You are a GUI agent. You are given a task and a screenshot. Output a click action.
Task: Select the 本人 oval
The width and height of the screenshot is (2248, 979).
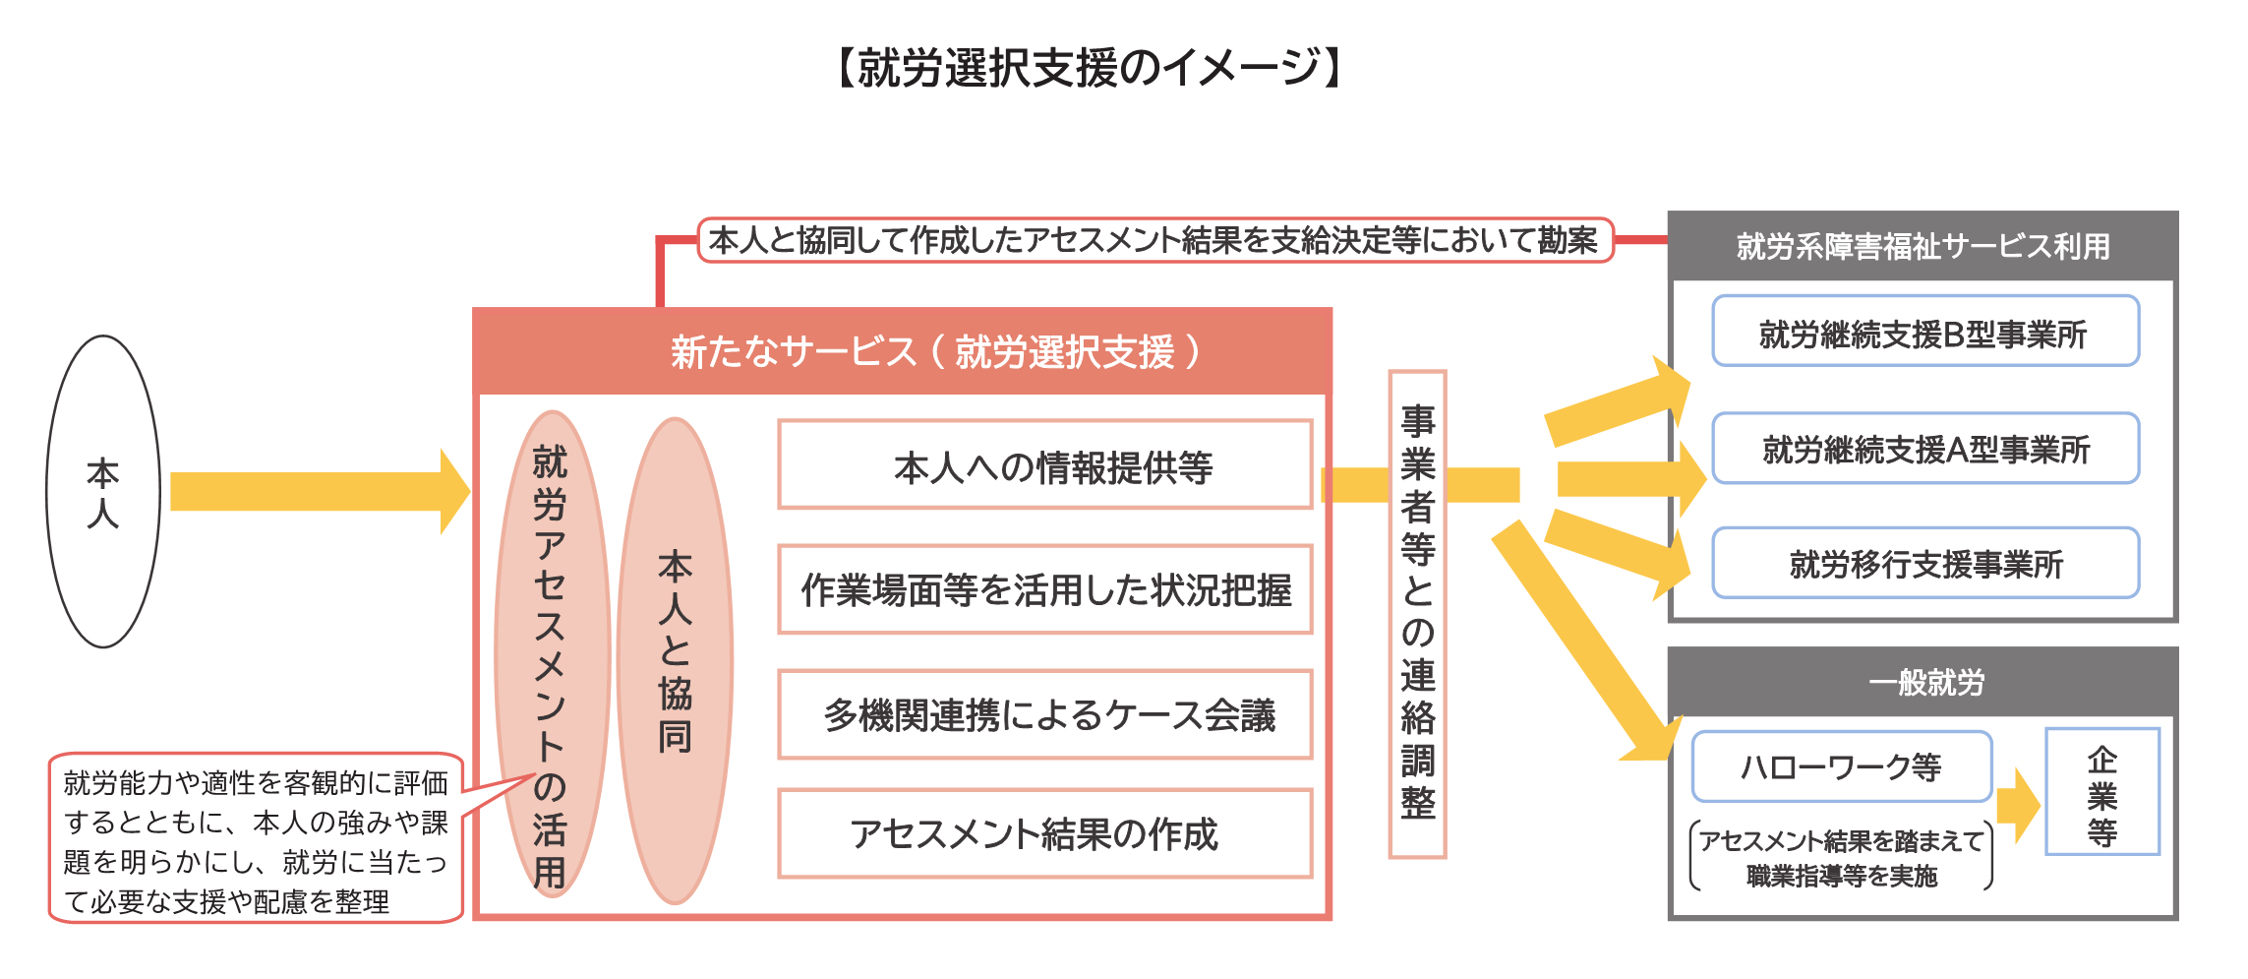click(103, 492)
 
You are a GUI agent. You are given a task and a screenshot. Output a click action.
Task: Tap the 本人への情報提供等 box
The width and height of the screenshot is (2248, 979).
click(1044, 465)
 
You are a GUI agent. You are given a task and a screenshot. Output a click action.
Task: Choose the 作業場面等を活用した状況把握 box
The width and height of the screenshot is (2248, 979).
click(1044, 589)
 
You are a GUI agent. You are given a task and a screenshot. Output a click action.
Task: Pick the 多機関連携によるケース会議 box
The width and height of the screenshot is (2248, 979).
click(1044, 714)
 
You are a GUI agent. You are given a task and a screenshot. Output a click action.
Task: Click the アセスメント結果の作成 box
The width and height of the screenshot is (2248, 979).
click(1044, 833)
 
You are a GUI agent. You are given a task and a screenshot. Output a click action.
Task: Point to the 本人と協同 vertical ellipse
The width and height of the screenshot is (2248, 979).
click(675, 659)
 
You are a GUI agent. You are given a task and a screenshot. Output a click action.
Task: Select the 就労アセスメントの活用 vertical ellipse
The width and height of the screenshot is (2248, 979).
click(551, 654)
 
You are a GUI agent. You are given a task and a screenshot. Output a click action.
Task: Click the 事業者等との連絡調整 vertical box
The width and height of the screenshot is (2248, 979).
click(1417, 614)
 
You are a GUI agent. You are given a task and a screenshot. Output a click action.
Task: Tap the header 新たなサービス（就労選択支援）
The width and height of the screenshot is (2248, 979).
click(902, 351)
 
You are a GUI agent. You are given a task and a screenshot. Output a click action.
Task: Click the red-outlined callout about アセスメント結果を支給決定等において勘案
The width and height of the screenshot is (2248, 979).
click(1154, 240)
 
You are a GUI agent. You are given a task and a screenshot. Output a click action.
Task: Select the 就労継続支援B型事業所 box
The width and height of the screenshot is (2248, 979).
click(1924, 333)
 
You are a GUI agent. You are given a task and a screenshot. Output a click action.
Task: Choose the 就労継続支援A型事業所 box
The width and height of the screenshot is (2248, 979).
click(1924, 449)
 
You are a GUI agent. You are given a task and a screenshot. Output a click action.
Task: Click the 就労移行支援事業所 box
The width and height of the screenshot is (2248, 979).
click(1924, 564)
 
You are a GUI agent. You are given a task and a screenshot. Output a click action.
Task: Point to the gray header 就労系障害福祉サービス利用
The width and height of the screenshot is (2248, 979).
click(1923, 246)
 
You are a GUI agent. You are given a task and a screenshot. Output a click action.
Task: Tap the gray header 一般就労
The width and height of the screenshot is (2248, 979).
click(1923, 681)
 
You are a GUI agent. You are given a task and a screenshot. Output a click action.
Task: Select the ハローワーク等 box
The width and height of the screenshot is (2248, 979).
click(1841, 766)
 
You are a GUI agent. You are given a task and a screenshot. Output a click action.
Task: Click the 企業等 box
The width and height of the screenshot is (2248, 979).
click(2101, 792)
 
